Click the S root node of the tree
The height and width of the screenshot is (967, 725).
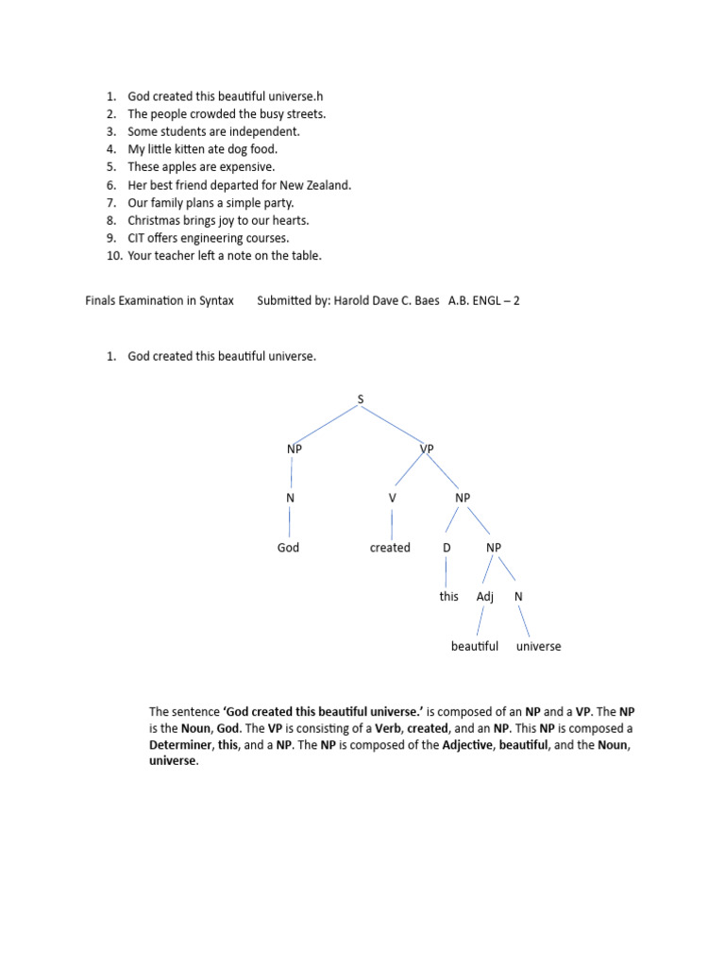[360, 400]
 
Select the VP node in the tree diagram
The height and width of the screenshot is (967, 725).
[426, 450]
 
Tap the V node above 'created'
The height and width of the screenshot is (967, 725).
[392, 499]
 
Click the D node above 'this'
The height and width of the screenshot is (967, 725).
[447, 548]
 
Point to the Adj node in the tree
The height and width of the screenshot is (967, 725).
[485, 597]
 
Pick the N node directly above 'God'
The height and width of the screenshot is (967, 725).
[291, 499]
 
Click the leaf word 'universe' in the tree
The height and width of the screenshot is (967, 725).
[538, 647]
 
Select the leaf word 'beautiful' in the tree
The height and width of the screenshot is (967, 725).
[474, 647]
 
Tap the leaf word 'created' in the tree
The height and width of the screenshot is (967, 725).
[390, 548]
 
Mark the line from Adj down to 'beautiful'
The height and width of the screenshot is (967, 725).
[481, 620]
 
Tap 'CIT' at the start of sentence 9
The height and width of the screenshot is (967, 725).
[138, 238]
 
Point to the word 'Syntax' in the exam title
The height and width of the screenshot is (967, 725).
[216, 301]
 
